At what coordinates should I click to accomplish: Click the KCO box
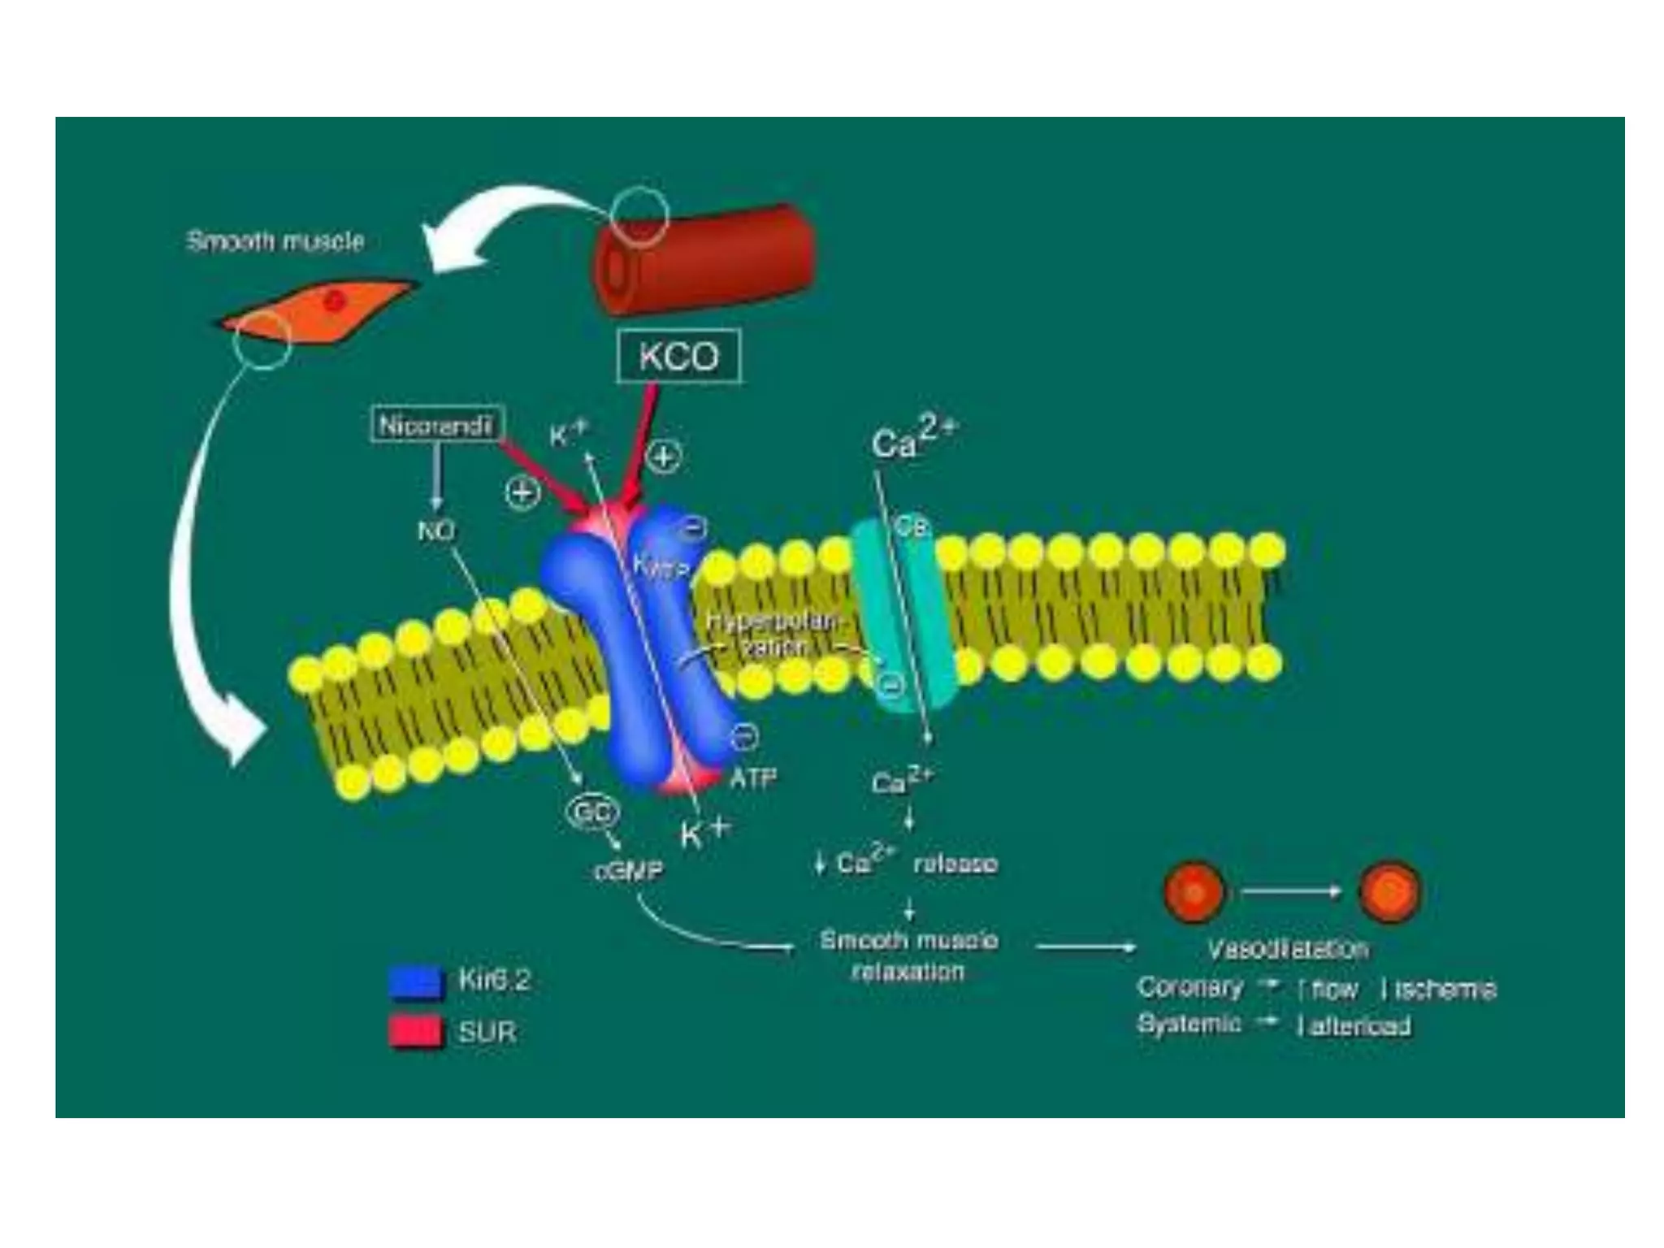pyautogui.click(x=678, y=356)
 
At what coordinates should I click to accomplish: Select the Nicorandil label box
pyautogui.click(x=436, y=425)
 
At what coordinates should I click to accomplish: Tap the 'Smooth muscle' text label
pyautogui.click(x=275, y=241)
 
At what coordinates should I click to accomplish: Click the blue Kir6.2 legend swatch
pyautogui.click(x=416, y=981)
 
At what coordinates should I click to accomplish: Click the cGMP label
pyautogui.click(x=628, y=871)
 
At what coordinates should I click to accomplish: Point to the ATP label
pyautogui.click(x=753, y=778)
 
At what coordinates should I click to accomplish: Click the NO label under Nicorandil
pyautogui.click(x=436, y=531)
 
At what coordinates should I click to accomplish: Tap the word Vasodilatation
pyautogui.click(x=1288, y=949)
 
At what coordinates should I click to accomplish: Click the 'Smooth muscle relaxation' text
pyautogui.click(x=908, y=955)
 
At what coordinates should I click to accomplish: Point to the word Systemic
pyautogui.click(x=1189, y=1024)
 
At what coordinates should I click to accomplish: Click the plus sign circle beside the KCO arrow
pyautogui.click(x=664, y=457)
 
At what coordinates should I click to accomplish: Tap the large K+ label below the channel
pyautogui.click(x=704, y=832)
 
